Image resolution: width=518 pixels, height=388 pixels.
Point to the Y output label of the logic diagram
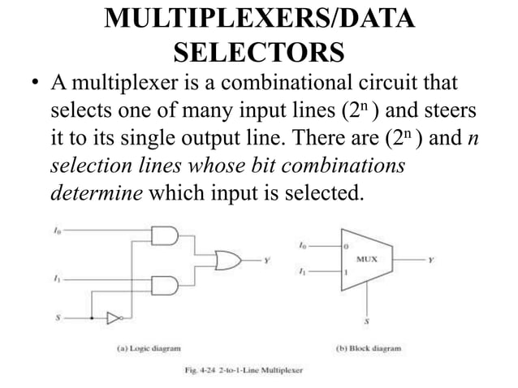click(266, 261)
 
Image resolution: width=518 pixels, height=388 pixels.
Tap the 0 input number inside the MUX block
click(346, 245)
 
